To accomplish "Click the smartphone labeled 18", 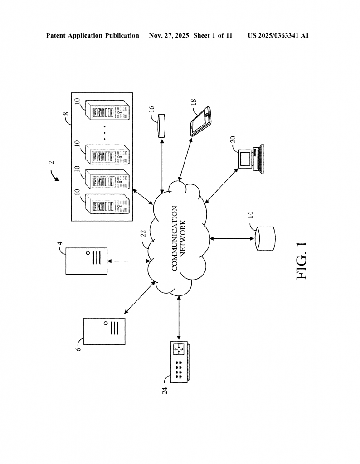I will [x=201, y=121].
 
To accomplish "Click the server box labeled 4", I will [x=87, y=261].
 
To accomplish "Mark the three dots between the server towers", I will [x=104, y=132].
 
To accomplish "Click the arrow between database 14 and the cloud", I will [x=231, y=238].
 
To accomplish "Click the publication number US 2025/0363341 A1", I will [x=278, y=35].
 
